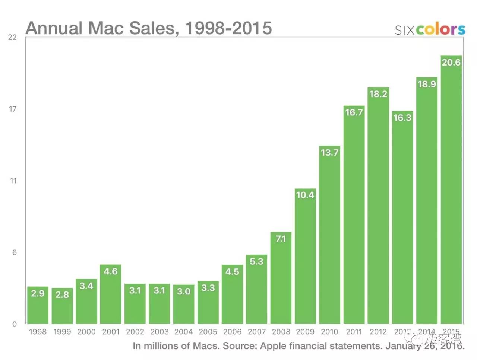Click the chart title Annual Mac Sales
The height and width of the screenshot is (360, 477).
[148, 28]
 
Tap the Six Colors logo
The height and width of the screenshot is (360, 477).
[430, 29]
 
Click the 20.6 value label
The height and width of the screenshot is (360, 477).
[451, 62]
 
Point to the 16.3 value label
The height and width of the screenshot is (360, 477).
[402, 118]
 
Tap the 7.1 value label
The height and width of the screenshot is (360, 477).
[281, 239]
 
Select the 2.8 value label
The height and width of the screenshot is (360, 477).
[62, 295]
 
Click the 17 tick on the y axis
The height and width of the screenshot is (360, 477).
[13, 109]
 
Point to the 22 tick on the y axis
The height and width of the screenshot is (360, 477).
[13, 37]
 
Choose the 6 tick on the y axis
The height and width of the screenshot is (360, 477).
[14, 252]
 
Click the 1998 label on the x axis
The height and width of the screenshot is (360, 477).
[38, 332]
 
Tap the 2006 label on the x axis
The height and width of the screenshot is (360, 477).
[232, 332]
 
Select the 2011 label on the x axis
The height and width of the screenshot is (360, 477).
[354, 332]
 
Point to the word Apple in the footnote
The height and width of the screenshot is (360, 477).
[273, 346]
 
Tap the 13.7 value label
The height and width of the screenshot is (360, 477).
[329, 152]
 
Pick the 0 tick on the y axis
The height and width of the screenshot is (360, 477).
[15, 324]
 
